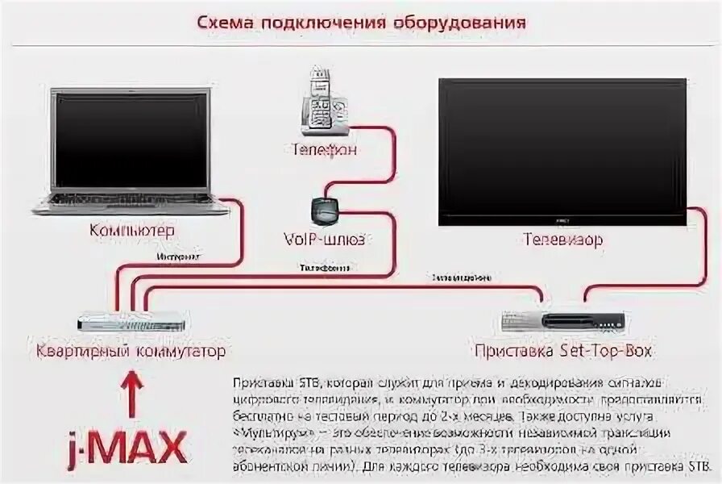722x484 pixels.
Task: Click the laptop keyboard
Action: (x=129, y=198)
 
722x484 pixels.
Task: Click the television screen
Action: (x=562, y=149)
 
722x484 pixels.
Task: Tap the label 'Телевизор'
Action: (x=562, y=240)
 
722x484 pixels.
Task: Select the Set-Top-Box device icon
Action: (x=562, y=320)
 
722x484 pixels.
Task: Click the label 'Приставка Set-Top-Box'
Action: (x=562, y=351)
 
